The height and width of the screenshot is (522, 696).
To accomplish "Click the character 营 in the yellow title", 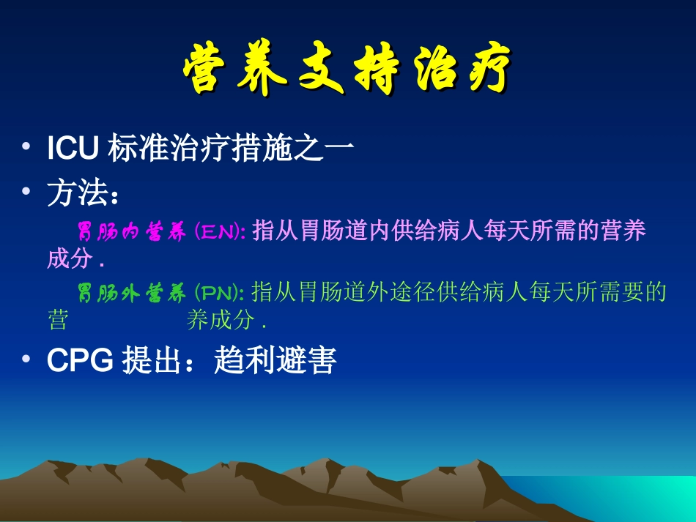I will click(x=210, y=71).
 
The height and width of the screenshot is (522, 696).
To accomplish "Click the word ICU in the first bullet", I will click(x=73, y=149).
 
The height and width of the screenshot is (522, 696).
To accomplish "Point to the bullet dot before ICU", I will click(x=27, y=148).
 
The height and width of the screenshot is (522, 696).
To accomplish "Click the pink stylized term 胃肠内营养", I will click(x=132, y=232).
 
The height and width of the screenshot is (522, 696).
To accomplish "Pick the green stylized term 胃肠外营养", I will click(x=132, y=294).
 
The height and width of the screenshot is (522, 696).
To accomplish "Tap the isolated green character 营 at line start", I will click(x=58, y=321).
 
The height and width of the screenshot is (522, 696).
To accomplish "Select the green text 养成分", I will click(x=220, y=321).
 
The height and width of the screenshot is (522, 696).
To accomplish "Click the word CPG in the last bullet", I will click(x=79, y=361).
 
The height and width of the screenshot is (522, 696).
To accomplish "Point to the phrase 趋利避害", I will click(x=275, y=361).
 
